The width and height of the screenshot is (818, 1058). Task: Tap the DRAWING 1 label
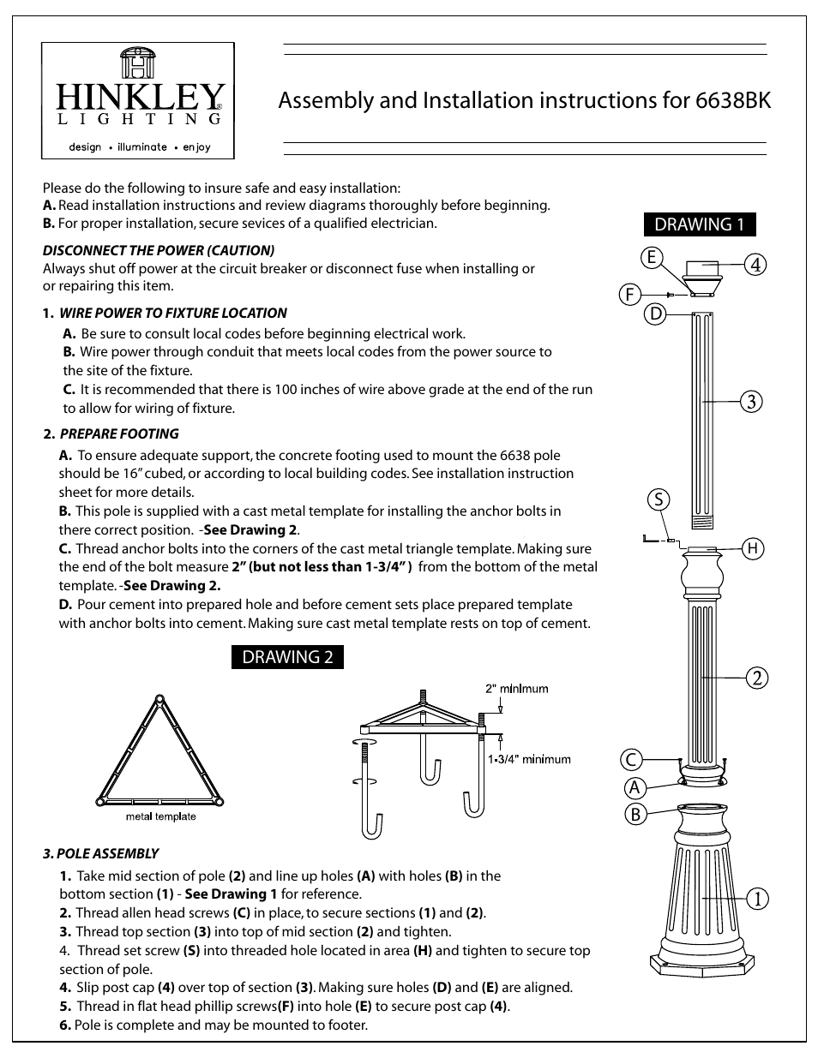[x=699, y=224]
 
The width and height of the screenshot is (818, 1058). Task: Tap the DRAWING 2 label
[x=287, y=657]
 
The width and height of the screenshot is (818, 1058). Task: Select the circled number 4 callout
[x=755, y=265]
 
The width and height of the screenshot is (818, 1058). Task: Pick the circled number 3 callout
[x=753, y=400]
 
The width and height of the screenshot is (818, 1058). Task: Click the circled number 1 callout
[x=756, y=899]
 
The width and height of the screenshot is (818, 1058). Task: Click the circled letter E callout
[x=652, y=257]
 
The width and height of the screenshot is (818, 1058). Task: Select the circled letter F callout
[x=629, y=295]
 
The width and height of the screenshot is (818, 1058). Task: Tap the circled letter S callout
[x=658, y=499]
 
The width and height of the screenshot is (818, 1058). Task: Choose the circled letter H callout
[x=753, y=548]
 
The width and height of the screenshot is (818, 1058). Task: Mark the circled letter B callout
[x=635, y=814]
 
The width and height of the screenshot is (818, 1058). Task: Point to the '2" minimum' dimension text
[x=516, y=688]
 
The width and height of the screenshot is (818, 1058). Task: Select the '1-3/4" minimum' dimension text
[x=529, y=758]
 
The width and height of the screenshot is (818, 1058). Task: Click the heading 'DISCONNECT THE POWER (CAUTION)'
[x=159, y=250]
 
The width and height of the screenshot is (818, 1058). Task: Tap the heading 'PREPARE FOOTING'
[x=119, y=433]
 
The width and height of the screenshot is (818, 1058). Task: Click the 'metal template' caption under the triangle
[x=161, y=816]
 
